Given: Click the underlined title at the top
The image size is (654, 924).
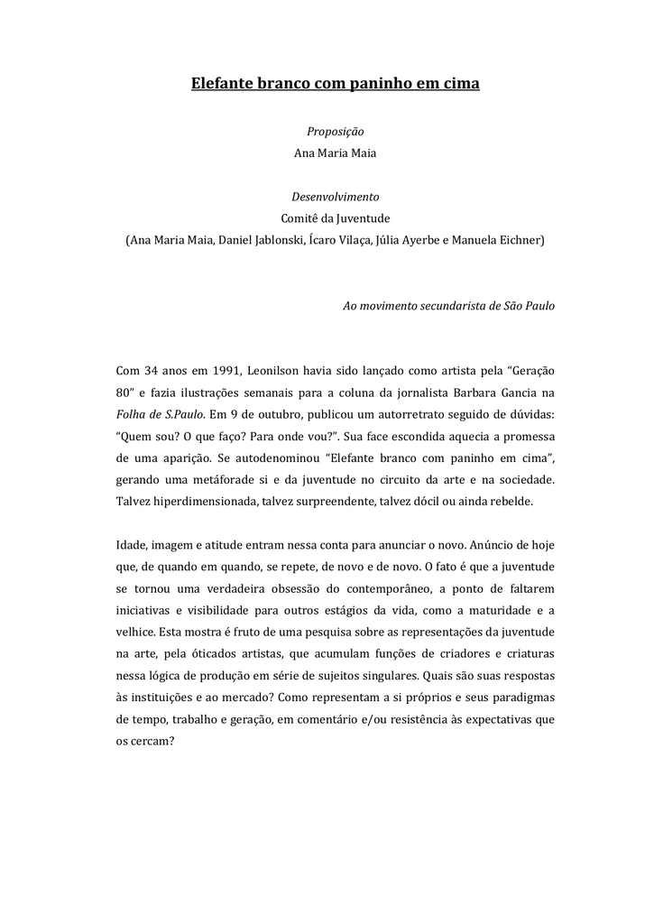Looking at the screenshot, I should click(x=335, y=84).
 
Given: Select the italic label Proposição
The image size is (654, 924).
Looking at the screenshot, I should click(x=335, y=132).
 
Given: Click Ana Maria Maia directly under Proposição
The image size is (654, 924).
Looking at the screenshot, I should click(x=335, y=152).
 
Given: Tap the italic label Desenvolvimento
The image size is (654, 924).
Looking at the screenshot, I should click(x=335, y=196).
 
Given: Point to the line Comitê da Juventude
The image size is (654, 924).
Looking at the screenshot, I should click(x=335, y=217).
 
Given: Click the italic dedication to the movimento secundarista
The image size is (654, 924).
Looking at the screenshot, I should click(x=448, y=306).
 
